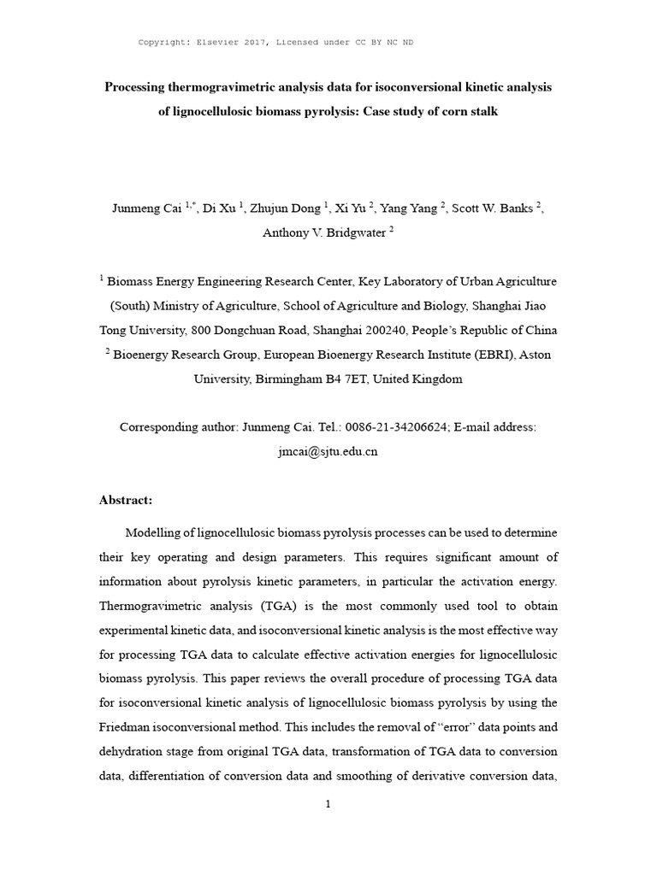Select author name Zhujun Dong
point(288,209)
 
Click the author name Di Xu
point(220,209)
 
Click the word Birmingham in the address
point(291,379)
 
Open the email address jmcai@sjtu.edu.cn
point(328,451)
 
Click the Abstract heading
point(126,500)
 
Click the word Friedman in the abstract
point(131,727)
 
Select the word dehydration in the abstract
point(132,751)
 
